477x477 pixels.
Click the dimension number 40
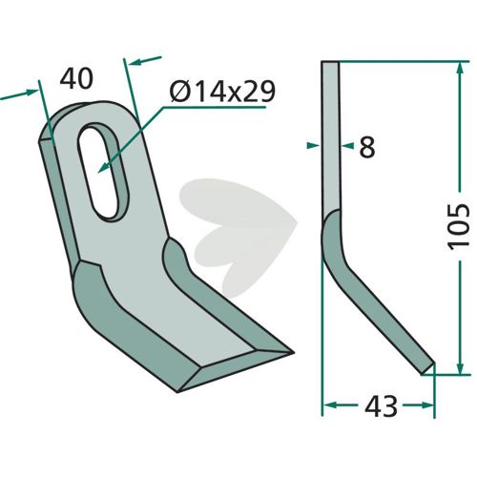point(76,79)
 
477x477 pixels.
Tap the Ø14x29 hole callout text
point(222,93)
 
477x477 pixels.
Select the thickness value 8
point(367,148)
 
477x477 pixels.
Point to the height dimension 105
point(458,226)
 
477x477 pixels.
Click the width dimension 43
point(381,406)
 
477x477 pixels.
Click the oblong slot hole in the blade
point(103,172)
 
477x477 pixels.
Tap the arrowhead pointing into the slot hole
point(103,168)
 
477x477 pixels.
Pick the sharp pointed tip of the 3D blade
point(292,352)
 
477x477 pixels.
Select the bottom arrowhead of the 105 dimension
point(458,366)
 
